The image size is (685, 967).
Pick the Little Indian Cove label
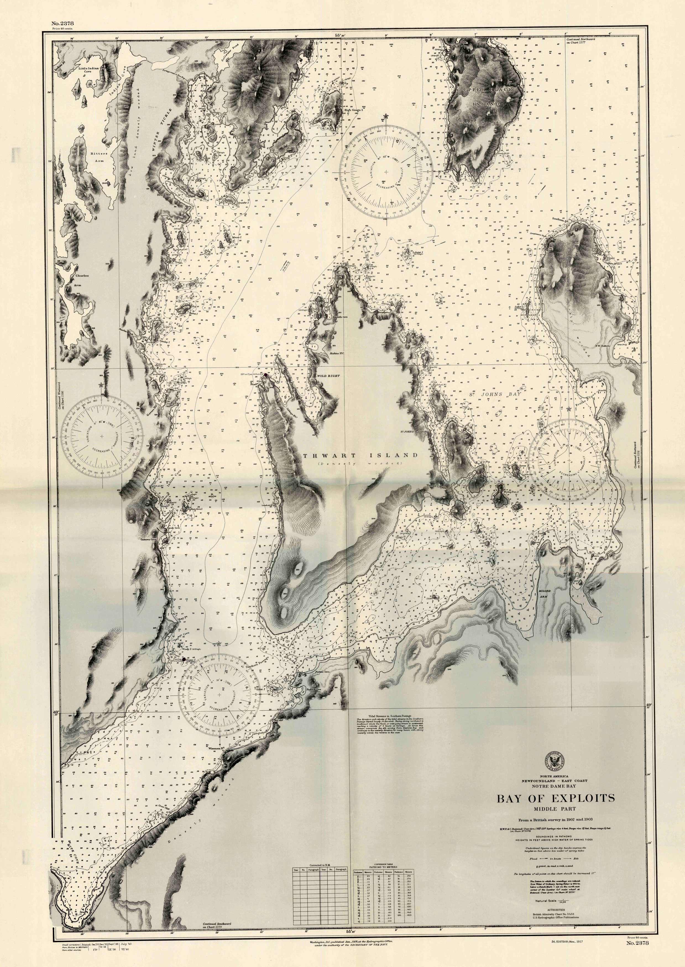click(x=88, y=69)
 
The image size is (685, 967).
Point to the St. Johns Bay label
click(x=496, y=393)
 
